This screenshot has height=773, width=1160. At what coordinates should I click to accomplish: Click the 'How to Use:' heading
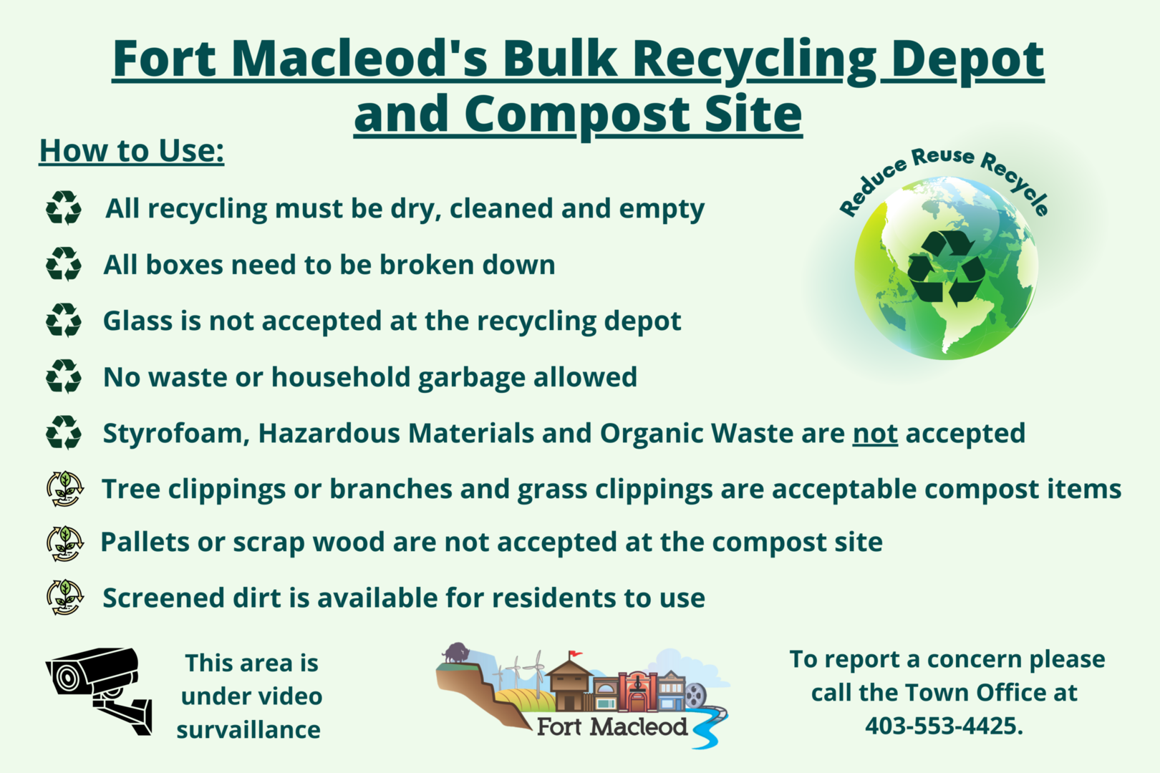[x=132, y=151]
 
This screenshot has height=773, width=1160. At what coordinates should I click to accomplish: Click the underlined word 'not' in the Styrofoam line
[x=875, y=433]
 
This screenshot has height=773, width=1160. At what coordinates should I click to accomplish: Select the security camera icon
[x=99, y=691]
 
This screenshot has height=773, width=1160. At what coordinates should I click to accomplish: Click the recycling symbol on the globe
[x=946, y=267]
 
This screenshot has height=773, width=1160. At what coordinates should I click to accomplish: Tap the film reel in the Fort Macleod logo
[x=695, y=695]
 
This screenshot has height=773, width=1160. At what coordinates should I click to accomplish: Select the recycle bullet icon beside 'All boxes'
[x=64, y=265]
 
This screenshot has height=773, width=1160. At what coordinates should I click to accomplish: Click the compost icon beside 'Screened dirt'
[x=64, y=598]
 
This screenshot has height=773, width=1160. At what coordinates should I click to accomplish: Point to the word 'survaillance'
[x=248, y=730]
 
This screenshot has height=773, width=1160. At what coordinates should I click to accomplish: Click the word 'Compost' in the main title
[x=577, y=115]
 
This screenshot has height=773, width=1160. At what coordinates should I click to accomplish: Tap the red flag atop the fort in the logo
[x=575, y=654]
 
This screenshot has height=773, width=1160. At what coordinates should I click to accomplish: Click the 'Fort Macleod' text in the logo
[x=612, y=727]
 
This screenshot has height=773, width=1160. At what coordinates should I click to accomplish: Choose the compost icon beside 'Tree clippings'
[x=64, y=489]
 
